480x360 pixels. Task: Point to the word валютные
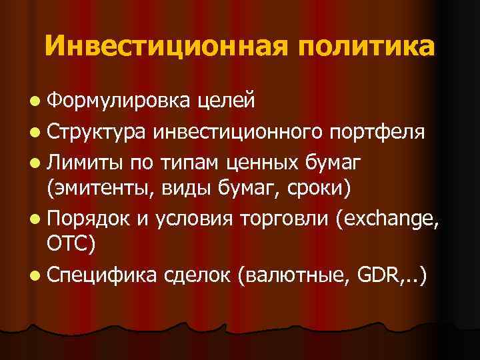(297, 273)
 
